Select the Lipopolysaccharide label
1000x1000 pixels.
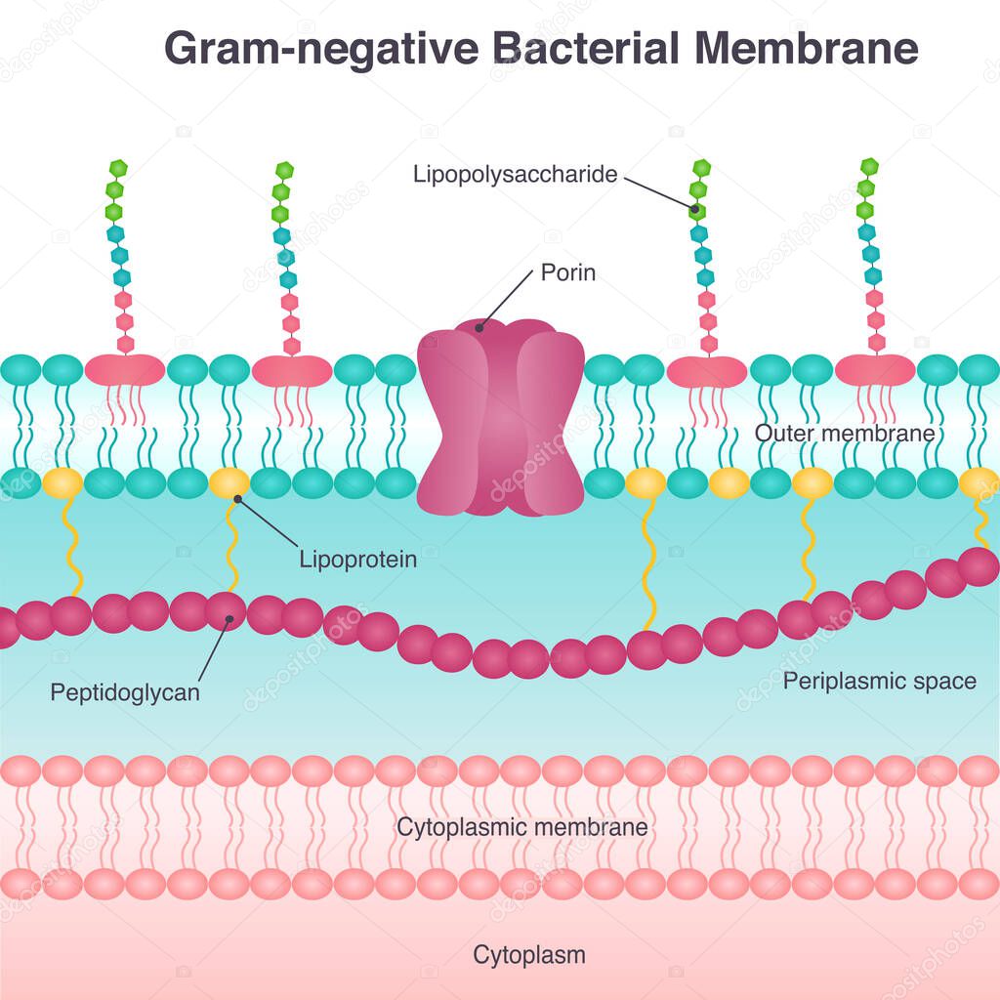515,175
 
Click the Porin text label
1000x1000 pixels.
567,272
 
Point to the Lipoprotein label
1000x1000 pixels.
357,560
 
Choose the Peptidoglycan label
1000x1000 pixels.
125,693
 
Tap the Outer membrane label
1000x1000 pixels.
845,433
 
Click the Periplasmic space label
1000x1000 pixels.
879,681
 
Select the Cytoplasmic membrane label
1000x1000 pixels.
521,827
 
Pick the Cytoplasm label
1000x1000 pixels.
529,954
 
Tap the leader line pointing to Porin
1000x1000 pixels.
507,299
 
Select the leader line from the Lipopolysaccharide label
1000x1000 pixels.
659,192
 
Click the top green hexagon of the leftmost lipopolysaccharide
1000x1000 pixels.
118,168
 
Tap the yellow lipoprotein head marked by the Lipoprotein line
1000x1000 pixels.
229,481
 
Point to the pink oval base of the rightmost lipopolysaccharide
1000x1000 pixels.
874,370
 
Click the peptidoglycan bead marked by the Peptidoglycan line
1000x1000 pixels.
227,611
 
